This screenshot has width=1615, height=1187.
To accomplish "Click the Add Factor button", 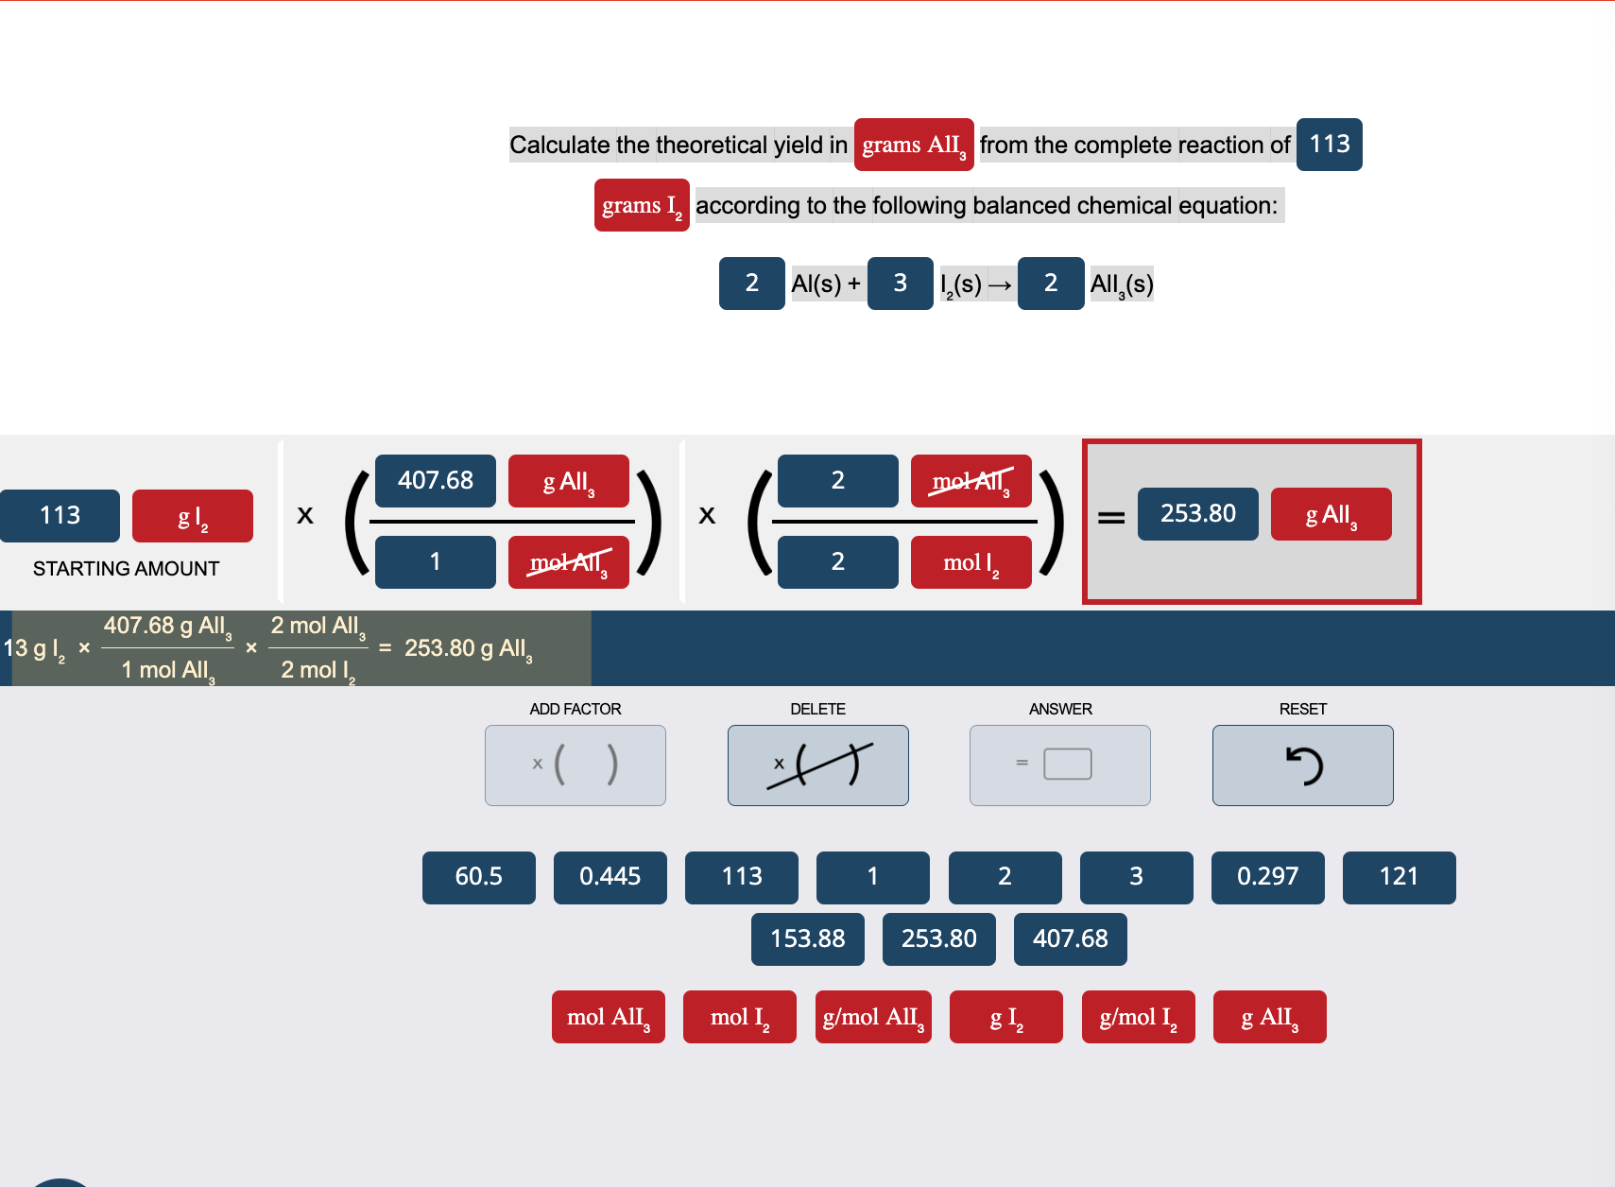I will pyautogui.click(x=575, y=765).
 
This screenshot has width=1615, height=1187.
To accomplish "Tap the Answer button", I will pyautogui.click(x=1059, y=765).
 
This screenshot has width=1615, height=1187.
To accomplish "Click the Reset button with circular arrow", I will pyautogui.click(x=1302, y=765).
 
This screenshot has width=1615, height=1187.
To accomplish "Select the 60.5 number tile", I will pyautogui.click(x=478, y=877).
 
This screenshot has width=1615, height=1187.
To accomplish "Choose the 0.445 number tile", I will pyautogui.click(x=610, y=877).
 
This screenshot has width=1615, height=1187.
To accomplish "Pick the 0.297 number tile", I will pyautogui.click(x=1267, y=877).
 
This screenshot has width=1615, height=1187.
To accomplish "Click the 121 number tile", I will pyautogui.click(x=1399, y=877).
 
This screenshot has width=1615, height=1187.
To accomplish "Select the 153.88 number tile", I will pyautogui.click(x=807, y=938).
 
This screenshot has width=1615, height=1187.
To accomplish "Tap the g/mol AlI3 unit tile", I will pyautogui.click(x=873, y=1017).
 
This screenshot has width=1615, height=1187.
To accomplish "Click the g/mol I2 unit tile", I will pyautogui.click(x=1138, y=1017).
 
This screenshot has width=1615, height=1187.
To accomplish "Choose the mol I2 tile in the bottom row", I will pyautogui.click(x=739, y=1017).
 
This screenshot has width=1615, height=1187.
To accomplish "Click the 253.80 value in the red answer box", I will pyautogui.click(x=1197, y=513).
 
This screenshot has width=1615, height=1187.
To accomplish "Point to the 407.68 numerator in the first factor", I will pyautogui.click(x=435, y=480).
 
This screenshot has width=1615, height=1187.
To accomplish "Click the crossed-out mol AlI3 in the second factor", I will pyautogui.click(x=971, y=480).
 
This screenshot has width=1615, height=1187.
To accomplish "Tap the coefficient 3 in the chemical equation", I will pyautogui.click(x=900, y=283).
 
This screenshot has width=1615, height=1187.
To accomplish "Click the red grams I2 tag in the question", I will pyautogui.click(x=642, y=205).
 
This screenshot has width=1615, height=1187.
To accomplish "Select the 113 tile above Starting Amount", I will pyautogui.click(x=60, y=515).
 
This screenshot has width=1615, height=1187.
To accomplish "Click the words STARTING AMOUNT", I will pyautogui.click(x=126, y=569).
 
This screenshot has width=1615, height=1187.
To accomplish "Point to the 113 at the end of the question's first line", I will pyautogui.click(x=1329, y=145).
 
